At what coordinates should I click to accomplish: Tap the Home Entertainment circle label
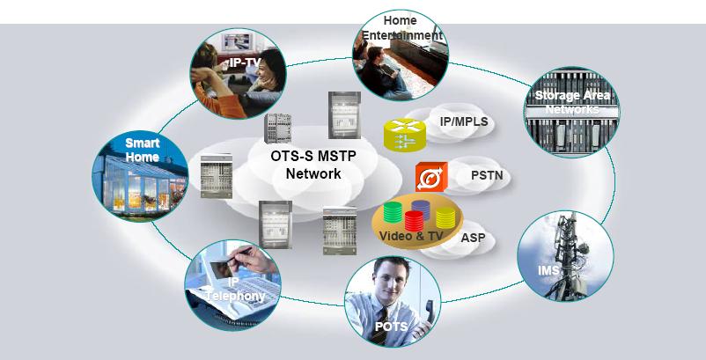[x=400, y=27]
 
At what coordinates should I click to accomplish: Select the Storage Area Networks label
[x=570, y=100]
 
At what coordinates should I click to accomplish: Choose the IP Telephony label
[x=234, y=290]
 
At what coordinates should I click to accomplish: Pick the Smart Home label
[x=142, y=150]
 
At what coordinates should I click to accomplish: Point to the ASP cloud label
[x=473, y=238]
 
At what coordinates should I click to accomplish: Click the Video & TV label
[x=411, y=237]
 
